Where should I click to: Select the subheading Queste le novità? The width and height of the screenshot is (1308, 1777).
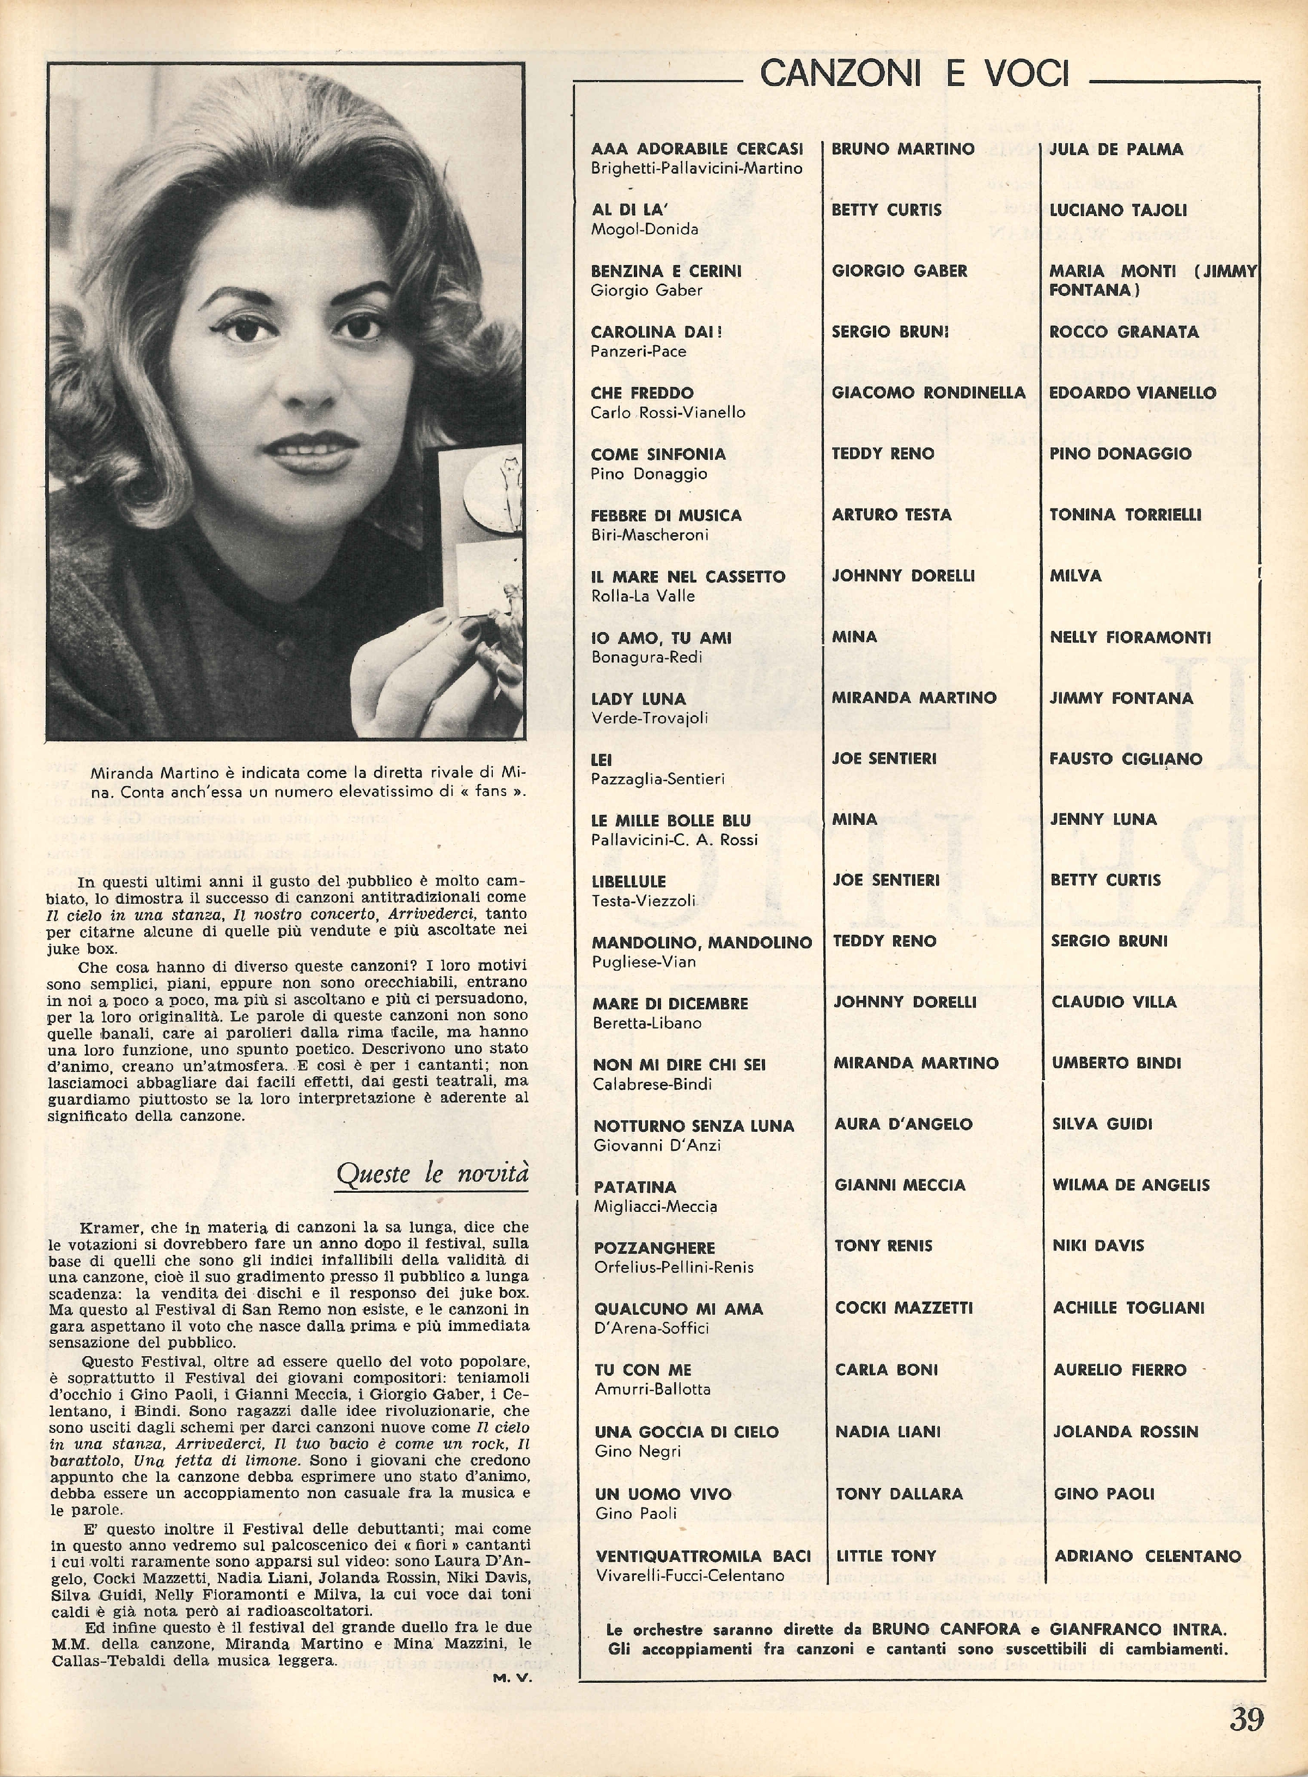[432, 1174]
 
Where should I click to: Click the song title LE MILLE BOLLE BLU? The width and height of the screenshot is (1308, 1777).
[671, 820]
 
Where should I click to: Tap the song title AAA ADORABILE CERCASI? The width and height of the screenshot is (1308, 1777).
[697, 149]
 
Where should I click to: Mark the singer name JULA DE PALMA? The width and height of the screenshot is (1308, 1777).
[1116, 149]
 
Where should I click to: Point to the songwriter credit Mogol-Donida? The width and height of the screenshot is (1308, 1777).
[645, 230]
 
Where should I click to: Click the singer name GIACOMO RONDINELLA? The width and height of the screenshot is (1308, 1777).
[928, 393]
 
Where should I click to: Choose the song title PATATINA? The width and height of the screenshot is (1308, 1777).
[635, 1186]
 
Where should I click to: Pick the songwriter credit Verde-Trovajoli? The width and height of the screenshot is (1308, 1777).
[649, 718]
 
